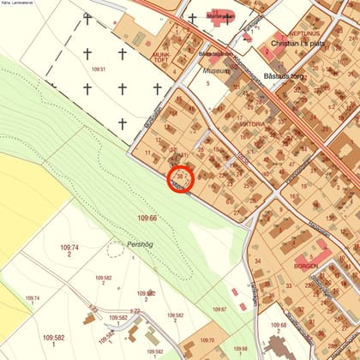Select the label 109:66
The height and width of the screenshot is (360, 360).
[x=148, y=219]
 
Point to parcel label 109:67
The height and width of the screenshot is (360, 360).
[x=219, y=309]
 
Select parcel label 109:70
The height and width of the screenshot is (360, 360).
[x=207, y=340]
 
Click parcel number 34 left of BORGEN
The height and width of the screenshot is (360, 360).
[x=256, y=261]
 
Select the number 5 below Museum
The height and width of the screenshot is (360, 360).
[x=231, y=82]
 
